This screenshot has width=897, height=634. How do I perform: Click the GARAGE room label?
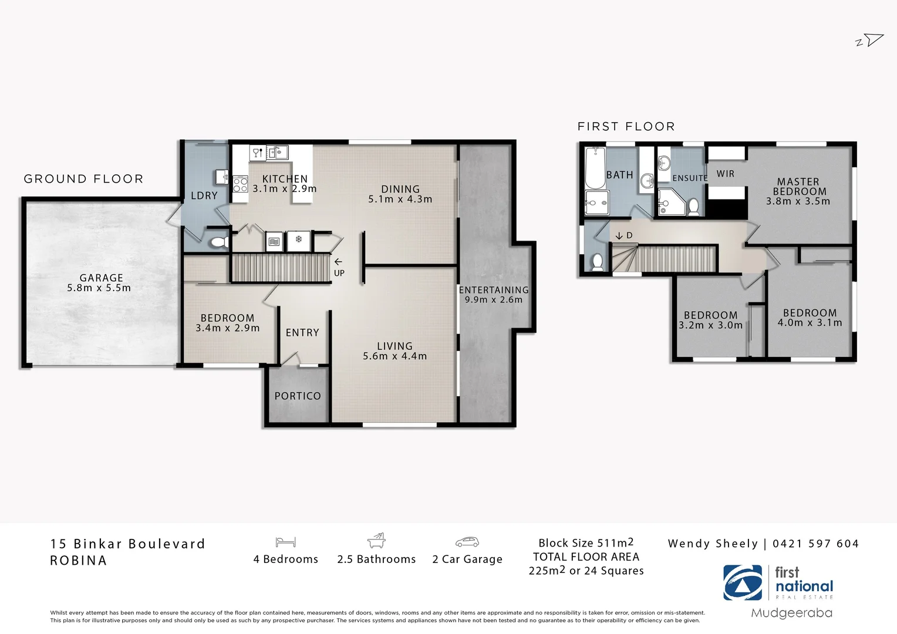pos(101,278)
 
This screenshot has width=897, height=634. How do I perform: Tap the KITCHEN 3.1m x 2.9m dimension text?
pos(285,189)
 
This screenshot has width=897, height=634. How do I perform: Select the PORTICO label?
pos(298,396)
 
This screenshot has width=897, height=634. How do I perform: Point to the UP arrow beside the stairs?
pos(338,262)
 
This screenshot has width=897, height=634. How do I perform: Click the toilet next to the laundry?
pos(219,241)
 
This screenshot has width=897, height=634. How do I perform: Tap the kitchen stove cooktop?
pos(240,184)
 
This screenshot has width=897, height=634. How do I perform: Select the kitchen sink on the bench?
pos(278,153)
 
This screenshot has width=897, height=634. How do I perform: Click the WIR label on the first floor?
pos(725,174)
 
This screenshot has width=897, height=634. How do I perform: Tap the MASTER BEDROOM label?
pos(798,187)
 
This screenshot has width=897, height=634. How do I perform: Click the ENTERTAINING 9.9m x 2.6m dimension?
pos(493,299)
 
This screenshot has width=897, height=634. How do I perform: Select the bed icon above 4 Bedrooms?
pos(285,542)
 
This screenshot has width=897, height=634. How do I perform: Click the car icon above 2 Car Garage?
pos(467,542)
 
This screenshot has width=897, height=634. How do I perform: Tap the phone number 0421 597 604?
pos(815,544)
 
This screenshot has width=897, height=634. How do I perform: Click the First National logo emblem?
pos(743,582)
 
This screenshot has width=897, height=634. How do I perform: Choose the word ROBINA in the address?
pos(79,561)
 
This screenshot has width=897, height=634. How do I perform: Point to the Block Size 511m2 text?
pos(586,543)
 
